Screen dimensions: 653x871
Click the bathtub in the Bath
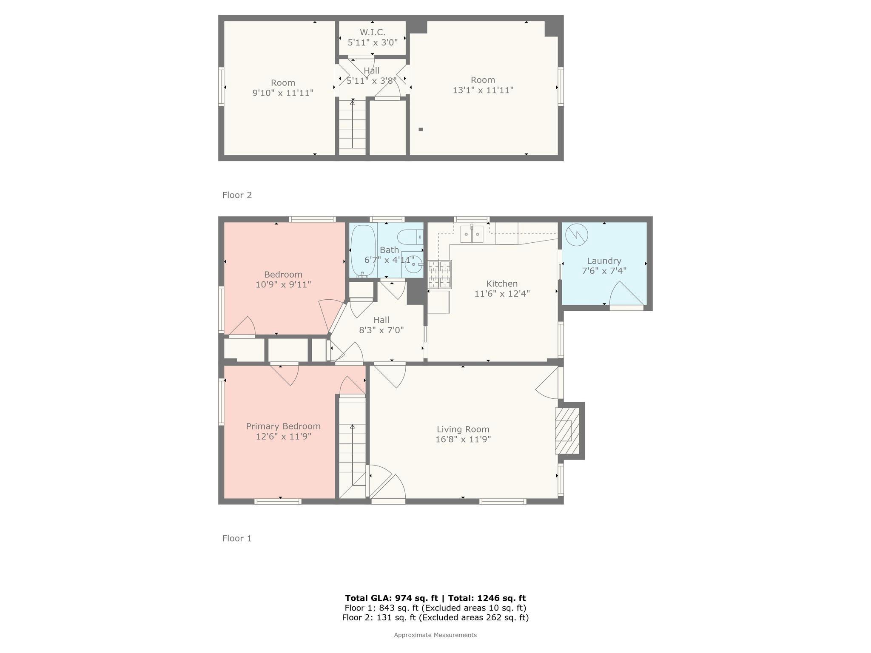[x=363, y=251]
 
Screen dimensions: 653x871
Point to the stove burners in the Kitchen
[x=439, y=274]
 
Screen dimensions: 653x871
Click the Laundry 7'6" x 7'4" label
[x=604, y=266]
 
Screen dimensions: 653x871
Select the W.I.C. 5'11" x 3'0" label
[x=373, y=37]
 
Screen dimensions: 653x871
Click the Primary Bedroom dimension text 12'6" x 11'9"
[x=284, y=436]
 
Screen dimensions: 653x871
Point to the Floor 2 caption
[x=237, y=195]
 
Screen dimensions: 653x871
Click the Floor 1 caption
[x=237, y=538]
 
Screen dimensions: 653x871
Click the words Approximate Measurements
[x=435, y=635]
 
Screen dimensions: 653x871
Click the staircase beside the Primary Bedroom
[x=352, y=446]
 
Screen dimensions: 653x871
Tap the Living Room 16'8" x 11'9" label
[x=463, y=434]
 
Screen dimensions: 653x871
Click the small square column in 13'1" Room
[x=421, y=130]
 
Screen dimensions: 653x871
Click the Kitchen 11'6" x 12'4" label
[x=502, y=289]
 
